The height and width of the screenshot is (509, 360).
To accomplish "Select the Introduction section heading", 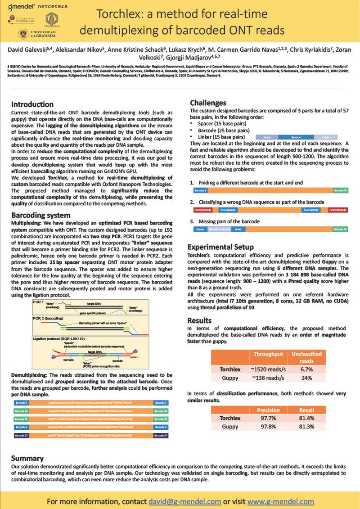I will tap(32, 104).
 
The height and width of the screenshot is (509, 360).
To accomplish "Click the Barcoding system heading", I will tap(40, 215).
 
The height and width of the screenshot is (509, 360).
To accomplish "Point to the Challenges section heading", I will tap(208, 103).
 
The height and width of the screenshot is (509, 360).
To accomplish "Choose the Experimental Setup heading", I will tap(220, 247).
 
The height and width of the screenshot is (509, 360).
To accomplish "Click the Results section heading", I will tap(199, 320).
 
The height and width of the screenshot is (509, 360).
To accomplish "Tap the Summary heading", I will tap(27, 458).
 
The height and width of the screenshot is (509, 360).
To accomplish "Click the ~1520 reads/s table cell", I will tap(268, 369).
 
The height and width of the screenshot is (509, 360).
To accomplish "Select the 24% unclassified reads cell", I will tap(307, 378).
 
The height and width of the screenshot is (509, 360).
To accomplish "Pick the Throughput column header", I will tap(268, 354).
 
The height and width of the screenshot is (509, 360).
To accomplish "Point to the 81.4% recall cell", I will tap(307, 418).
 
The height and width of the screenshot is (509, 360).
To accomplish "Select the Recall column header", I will tap(307, 410).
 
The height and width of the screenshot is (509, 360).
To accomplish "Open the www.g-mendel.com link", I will tap(280, 501).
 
